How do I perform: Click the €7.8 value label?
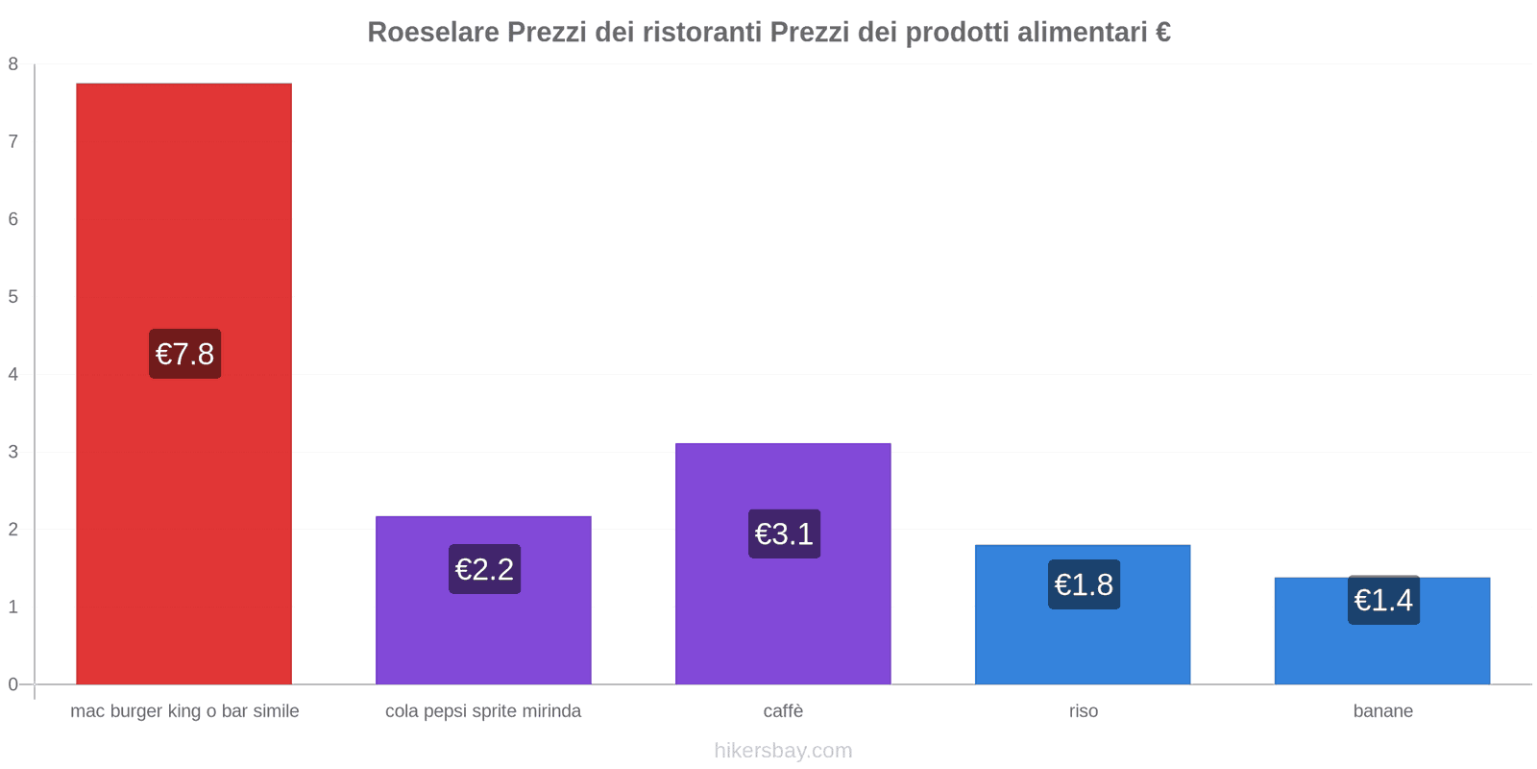click(184, 354)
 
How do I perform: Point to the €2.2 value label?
click(484, 569)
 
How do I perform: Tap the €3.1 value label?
click(784, 533)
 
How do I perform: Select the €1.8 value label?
click(1084, 584)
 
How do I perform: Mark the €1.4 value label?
click(1383, 600)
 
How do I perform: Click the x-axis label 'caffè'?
click(783, 711)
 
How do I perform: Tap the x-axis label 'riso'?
click(1083, 711)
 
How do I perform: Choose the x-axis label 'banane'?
click(1382, 711)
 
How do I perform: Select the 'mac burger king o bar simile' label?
click(184, 711)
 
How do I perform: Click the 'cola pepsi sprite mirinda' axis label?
click(483, 711)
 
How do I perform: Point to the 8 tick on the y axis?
click(13, 64)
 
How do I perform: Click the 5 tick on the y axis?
click(13, 297)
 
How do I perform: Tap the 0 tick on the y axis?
click(13, 684)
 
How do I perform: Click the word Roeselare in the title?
click(433, 33)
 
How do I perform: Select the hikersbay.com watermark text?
click(783, 751)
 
